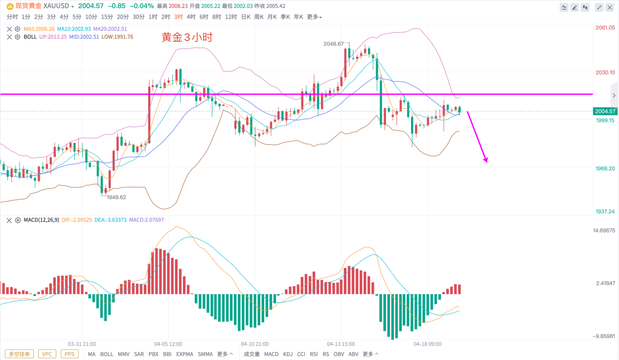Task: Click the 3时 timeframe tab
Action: [179, 17]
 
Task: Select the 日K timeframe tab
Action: [245, 17]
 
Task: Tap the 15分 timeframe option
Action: [107, 17]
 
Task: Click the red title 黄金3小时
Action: [187, 38]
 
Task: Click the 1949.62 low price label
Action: [116, 197]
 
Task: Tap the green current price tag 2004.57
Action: [605, 112]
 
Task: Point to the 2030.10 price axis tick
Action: [605, 72]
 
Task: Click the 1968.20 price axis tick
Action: [605, 168]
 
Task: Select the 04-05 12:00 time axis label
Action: [168, 344]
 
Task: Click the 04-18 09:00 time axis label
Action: [427, 344]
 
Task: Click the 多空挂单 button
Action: [20, 354]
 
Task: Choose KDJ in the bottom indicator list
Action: [288, 354]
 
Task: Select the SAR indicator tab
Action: [139, 354]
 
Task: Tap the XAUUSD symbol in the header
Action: [56, 6]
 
